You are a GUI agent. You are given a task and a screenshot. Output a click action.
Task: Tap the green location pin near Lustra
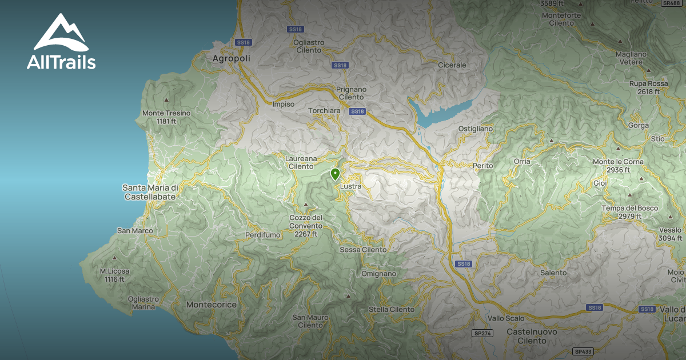click(336, 174)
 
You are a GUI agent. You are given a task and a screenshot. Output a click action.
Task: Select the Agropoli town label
click(232, 58)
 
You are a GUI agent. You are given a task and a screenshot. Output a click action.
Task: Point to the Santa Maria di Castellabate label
click(151, 192)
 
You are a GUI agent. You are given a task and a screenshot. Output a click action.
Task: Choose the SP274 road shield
click(482, 333)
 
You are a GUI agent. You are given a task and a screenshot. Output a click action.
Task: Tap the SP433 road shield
click(583, 351)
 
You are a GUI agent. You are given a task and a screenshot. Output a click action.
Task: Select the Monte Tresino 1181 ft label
click(166, 117)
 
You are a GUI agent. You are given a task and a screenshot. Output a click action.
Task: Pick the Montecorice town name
click(212, 305)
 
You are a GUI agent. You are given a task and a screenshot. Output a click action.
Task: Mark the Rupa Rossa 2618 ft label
click(648, 87)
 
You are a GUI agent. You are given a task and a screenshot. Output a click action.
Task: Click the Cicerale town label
click(452, 65)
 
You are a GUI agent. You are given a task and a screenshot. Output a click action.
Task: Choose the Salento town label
click(553, 273)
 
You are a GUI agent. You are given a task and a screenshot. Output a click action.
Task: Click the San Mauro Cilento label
click(310, 321)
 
